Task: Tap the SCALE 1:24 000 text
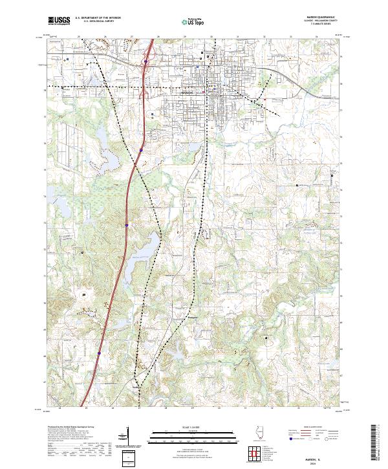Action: (188, 427)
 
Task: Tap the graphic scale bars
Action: (188, 437)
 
